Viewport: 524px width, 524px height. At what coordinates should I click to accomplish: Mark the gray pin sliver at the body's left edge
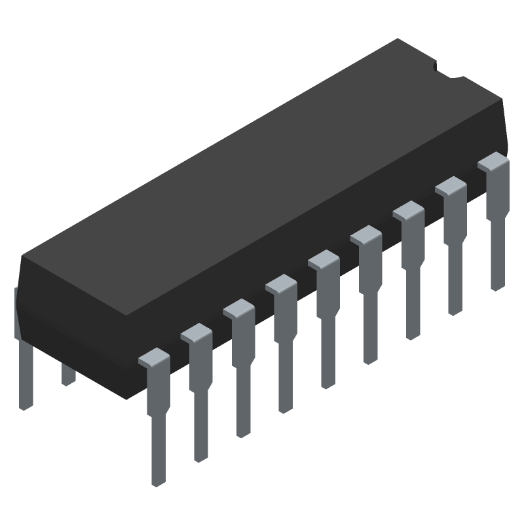coord(16,311)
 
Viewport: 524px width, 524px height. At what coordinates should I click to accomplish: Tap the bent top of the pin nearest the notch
coord(493,161)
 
